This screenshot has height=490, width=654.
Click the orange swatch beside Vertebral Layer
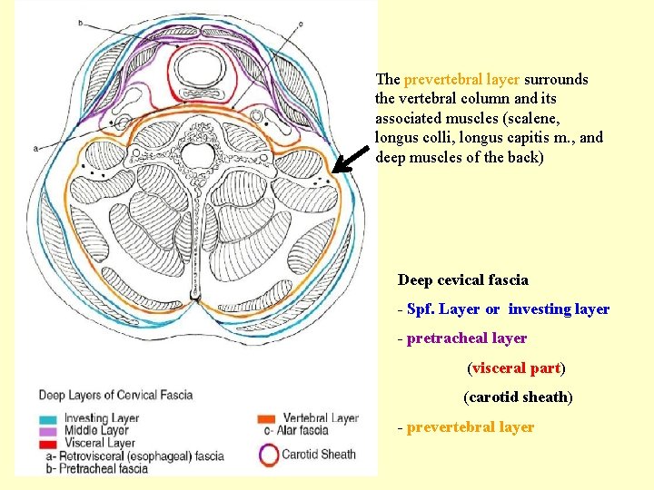267,417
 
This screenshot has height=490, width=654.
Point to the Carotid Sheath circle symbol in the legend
268,455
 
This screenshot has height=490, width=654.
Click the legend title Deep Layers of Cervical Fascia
114,395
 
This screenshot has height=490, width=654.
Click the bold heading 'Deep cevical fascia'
462,280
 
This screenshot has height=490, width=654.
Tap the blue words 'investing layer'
559,309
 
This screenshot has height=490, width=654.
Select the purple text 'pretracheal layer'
467,338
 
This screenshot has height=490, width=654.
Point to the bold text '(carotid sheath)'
518,397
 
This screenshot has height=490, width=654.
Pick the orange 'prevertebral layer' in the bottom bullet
471,426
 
